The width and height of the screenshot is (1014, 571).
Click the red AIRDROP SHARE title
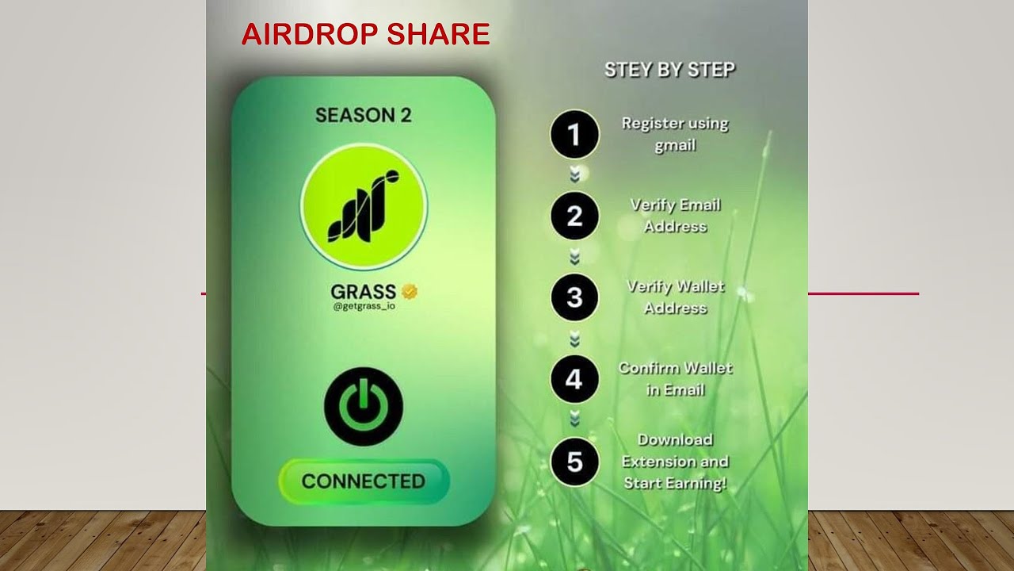(x=365, y=35)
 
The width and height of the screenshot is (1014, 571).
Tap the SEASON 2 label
(x=364, y=115)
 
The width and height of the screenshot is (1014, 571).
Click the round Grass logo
(x=364, y=206)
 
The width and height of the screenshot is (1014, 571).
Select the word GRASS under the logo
(x=364, y=292)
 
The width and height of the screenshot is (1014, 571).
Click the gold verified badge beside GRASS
(x=410, y=292)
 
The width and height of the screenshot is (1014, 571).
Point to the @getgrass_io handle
(x=364, y=306)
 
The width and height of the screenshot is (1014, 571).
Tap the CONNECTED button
(x=364, y=481)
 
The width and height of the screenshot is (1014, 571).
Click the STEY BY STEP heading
(x=669, y=70)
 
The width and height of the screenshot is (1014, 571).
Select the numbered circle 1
(x=575, y=135)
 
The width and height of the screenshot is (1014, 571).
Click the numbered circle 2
(x=575, y=216)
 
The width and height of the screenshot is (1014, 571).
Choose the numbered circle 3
(x=575, y=297)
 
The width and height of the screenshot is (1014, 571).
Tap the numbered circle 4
(x=575, y=379)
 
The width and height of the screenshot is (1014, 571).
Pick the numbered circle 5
(x=575, y=461)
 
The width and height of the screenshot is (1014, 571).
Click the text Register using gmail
(x=675, y=134)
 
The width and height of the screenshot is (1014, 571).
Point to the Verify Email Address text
(x=675, y=216)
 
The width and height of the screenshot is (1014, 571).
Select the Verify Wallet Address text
(x=676, y=297)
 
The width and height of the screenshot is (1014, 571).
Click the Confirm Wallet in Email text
(x=675, y=379)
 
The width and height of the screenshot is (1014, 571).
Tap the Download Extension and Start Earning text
(x=675, y=461)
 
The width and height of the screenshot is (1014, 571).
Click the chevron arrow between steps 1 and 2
(x=575, y=175)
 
